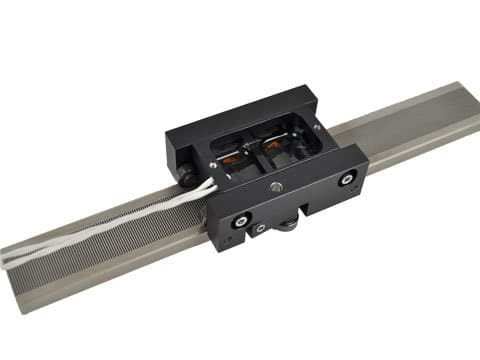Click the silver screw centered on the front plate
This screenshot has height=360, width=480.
point(275,187)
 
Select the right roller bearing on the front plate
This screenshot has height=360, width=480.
point(346,179)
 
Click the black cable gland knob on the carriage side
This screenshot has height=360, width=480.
point(187,173)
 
